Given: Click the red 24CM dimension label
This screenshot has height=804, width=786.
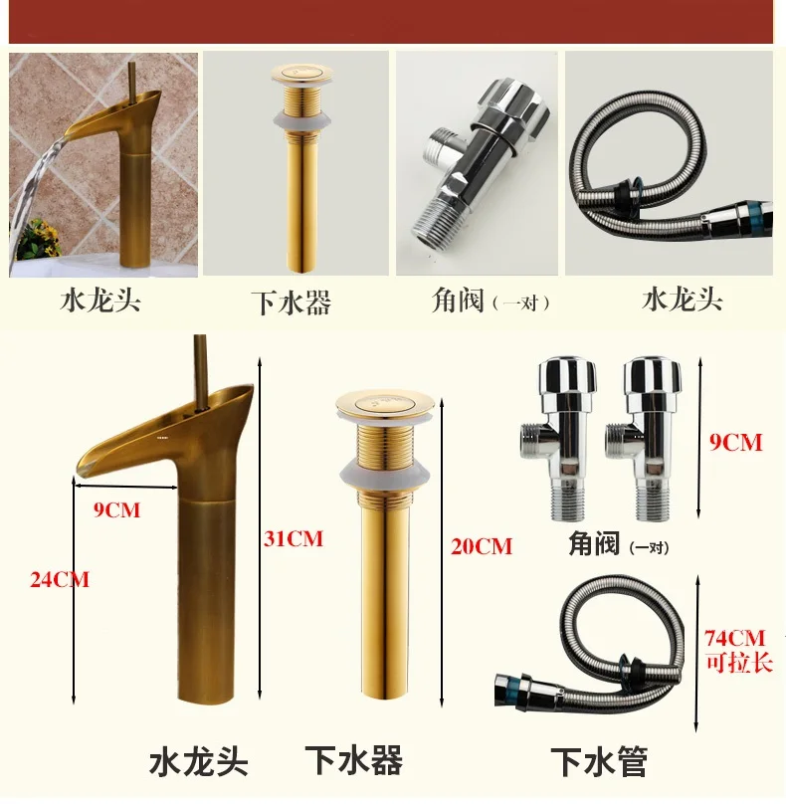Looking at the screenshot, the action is (60, 580).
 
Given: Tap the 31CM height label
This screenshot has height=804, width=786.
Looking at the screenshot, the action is (294, 539).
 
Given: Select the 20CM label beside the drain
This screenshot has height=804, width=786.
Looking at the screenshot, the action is (482, 546).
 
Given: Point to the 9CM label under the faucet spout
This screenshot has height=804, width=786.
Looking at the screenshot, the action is (116, 510).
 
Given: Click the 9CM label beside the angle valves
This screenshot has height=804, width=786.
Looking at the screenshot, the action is (735, 443).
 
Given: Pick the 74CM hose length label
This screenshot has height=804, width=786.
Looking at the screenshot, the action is (734, 639).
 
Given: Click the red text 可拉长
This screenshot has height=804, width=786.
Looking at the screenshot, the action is (739, 663).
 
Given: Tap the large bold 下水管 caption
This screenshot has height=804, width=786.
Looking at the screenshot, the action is (599, 762).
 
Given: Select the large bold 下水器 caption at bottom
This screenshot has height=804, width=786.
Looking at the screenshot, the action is (354, 760).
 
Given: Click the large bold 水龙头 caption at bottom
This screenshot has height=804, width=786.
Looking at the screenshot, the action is (199, 762).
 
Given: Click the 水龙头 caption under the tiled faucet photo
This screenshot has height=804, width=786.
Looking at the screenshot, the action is (100, 301).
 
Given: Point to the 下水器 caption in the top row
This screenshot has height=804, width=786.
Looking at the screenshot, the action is (292, 302).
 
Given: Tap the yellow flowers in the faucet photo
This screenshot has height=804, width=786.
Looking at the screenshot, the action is (41, 238).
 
